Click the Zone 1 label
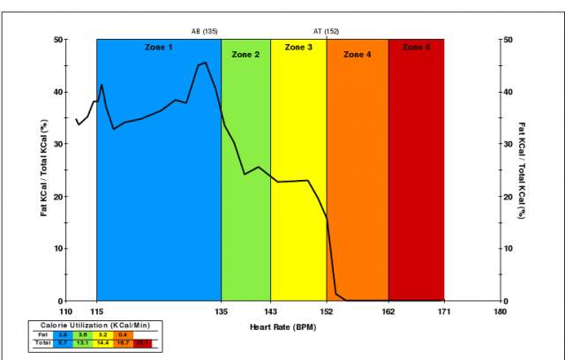[x=159, y=47]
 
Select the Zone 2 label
[x=245, y=55]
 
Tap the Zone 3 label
[x=298, y=47]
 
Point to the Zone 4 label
[x=357, y=55]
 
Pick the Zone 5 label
[x=416, y=47]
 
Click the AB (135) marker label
[x=205, y=31]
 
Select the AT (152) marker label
[x=326, y=31]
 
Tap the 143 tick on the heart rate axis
[x=270, y=311]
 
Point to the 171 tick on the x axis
[x=444, y=311]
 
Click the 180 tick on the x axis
[x=501, y=311]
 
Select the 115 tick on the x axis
[x=97, y=311]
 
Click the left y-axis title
[x=44, y=169]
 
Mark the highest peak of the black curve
[x=205, y=63]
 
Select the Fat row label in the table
[x=42, y=335]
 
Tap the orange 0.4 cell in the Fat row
[x=123, y=335]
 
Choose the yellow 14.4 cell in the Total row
[x=102, y=343]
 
